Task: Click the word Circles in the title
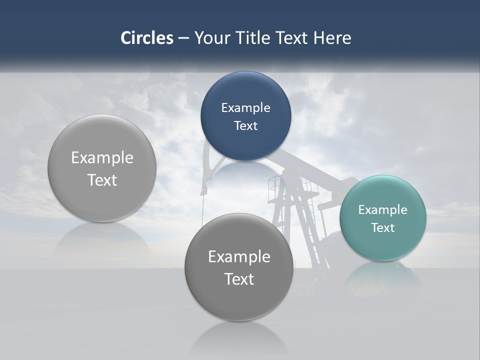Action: pyautogui.click(x=146, y=38)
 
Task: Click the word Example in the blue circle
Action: pyautogui.click(x=245, y=108)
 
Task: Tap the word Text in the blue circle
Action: pyautogui.click(x=245, y=126)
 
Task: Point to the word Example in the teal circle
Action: pyautogui.click(x=382, y=210)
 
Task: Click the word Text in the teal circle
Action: pyautogui.click(x=382, y=228)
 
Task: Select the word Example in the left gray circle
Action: pyautogui.click(x=102, y=158)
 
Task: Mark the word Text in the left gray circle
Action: pyautogui.click(x=102, y=180)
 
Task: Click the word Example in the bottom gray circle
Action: pyautogui.click(x=238, y=257)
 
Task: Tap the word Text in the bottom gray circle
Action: pyautogui.click(x=238, y=279)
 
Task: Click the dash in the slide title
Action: pyautogui.click(x=183, y=38)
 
